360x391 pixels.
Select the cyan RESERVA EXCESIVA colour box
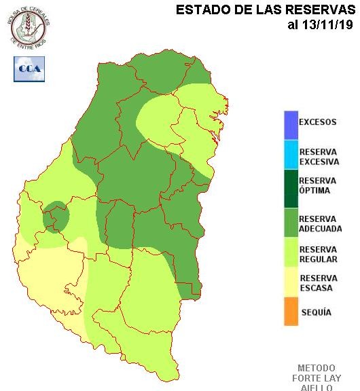[291, 156]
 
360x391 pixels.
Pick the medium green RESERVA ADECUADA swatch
[291, 223]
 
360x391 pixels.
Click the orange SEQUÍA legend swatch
[291, 312]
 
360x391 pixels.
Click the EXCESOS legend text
[318, 122]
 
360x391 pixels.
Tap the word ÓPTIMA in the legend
[314, 190]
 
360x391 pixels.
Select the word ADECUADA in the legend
[320, 229]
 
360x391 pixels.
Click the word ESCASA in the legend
[314, 288]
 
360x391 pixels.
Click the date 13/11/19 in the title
[321, 25]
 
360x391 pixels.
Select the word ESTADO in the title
[200, 10]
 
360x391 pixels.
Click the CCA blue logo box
[29, 69]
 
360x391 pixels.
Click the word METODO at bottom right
[316, 368]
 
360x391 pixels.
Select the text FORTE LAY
[316, 378]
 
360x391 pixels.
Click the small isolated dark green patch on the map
[56, 216]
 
